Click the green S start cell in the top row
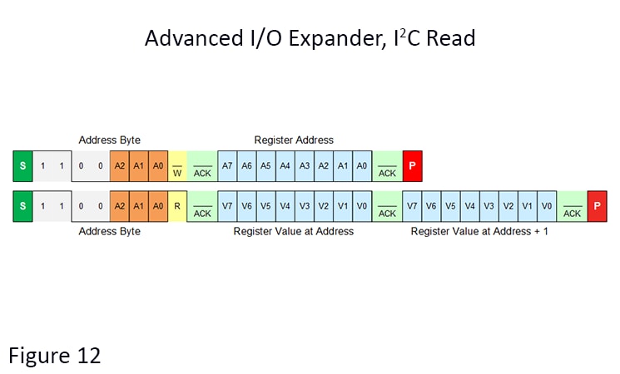pyautogui.click(x=22, y=166)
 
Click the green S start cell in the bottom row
pyautogui.click(x=22, y=205)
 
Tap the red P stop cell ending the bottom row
pyautogui.click(x=597, y=205)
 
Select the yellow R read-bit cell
pyautogui.click(x=177, y=205)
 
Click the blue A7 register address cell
pyautogui.click(x=227, y=166)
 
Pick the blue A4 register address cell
pyautogui.click(x=285, y=166)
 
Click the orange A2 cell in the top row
pyautogui.click(x=120, y=166)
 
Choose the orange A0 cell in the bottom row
pyautogui.click(x=158, y=205)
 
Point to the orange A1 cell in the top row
pyautogui.click(x=139, y=166)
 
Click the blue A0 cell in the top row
pyautogui.click(x=361, y=166)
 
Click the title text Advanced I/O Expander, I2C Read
pyautogui.click(x=310, y=38)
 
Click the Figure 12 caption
pyautogui.click(x=55, y=356)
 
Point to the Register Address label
pyautogui.click(x=294, y=140)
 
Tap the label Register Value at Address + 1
pyautogui.click(x=479, y=231)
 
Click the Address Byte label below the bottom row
pyautogui.click(x=109, y=231)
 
